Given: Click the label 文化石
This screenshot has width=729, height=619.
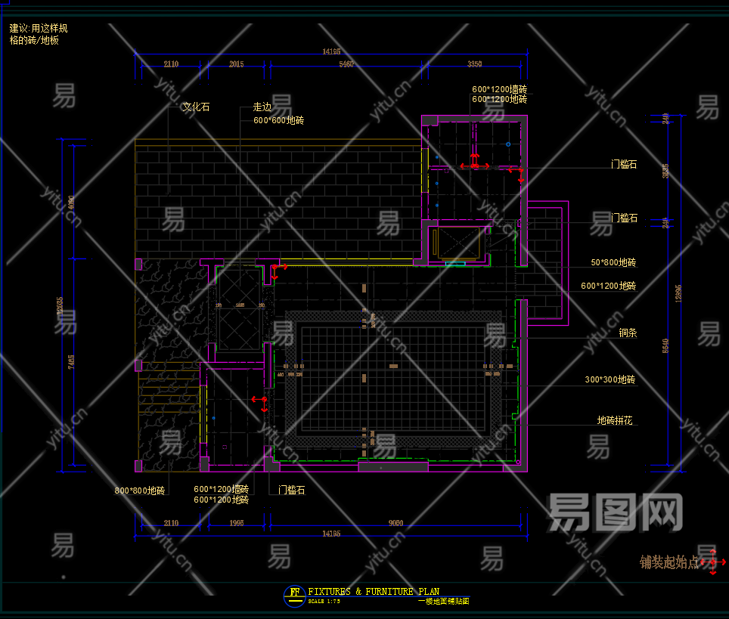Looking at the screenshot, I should pyautogui.click(x=196, y=107).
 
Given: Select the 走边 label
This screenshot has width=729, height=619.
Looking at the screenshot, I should pyautogui.click(x=262, y=107).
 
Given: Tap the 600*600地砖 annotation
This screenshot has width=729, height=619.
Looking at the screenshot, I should pyautogui.click(x=278, y=120).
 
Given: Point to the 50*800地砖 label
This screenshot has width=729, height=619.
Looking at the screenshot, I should pyautogui.click(x=613, y=263).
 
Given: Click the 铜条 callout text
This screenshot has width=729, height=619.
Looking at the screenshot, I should pyautogui.click(x=628, y=333).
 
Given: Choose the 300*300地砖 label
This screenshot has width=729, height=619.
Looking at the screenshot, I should pyautogui.click(x=610, y=379).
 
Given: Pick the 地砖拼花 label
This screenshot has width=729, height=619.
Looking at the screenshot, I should pyautogui.click(x=614, y=420).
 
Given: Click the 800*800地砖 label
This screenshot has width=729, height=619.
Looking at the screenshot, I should pyautogui.click(x=139, y=491).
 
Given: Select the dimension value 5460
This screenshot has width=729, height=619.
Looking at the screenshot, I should pyautogui.click(x=346, y=64).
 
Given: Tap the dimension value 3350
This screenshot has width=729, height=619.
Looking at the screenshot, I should pyautogui.click(x=475, y=64).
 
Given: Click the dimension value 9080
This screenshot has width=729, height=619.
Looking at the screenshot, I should pyautogui.click(x=395, y=523).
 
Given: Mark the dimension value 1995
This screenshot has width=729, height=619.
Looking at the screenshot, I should pyautogui.click(x=236, y=523).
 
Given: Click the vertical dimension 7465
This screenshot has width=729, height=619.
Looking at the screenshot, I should pyautogui.click(x=71, y=363).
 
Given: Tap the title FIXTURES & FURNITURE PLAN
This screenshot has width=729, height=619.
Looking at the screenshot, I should pyautogui.click(x=374, y=592).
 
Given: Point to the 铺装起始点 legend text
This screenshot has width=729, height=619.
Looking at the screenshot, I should pyautogui.click(x=669, y=562).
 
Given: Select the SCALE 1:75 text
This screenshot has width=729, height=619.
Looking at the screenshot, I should pyautogui.click(x=324, y=602).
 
